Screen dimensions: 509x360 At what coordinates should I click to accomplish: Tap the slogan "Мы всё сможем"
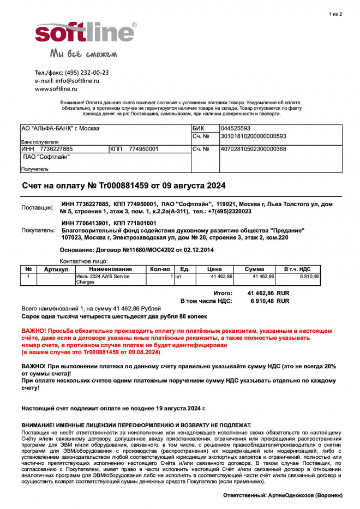(x=83, y=53)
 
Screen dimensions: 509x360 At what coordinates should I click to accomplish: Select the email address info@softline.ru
(x=77, y=80)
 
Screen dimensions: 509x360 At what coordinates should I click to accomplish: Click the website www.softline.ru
(x=56, y=88)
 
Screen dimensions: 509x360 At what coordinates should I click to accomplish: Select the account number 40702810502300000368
(x=253, y=149)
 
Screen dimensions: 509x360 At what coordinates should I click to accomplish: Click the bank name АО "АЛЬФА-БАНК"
(x=60, y=129)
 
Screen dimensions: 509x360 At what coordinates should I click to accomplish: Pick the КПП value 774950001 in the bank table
(x=143, y=149)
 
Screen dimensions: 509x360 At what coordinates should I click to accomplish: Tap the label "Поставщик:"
(x=37, y=208)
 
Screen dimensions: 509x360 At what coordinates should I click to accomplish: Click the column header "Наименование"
(x=111, y=269)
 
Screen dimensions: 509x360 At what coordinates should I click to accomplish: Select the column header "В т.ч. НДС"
(x=297, y=269)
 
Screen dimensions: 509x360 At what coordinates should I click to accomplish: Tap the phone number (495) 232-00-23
(x=87, y=72)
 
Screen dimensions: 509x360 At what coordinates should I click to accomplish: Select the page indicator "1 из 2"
(x=336, y=14)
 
